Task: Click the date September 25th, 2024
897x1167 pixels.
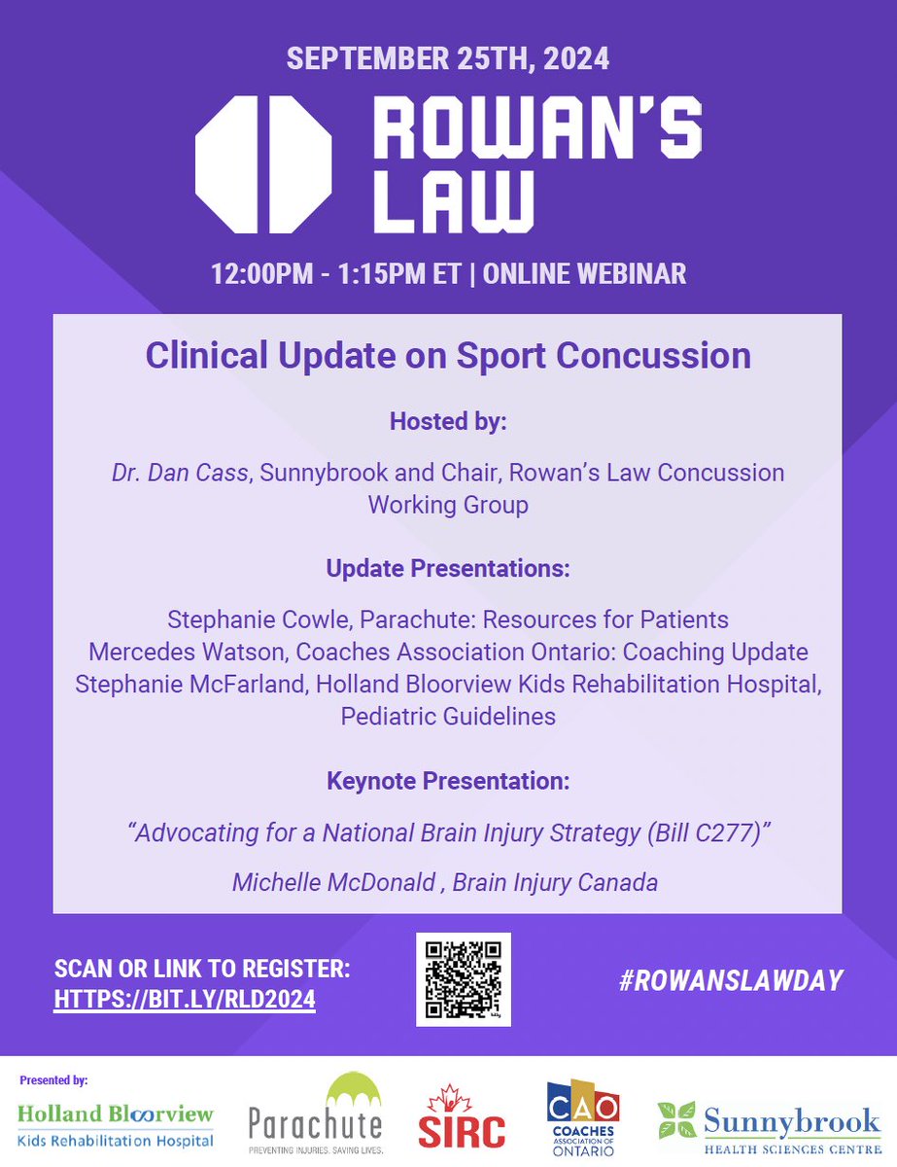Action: pyautogui.click(x=448, y=58)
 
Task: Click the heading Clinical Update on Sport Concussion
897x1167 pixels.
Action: pyautogui.click(x=448, y=355)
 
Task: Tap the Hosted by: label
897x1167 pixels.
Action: pyautogui.click(x=448, y=422)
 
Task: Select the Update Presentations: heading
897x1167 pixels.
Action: pyautogui.click(x=448, y=569)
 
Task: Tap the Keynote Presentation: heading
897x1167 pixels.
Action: pyautogui.click(x=448, y=781)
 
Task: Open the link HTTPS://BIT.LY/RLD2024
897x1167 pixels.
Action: pyautogui.click(x=185, y=1001)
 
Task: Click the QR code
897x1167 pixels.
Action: pyautogui.click(x=463, y=978)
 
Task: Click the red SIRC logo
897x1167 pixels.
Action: pyautogui.click(x=474, y=1118)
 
